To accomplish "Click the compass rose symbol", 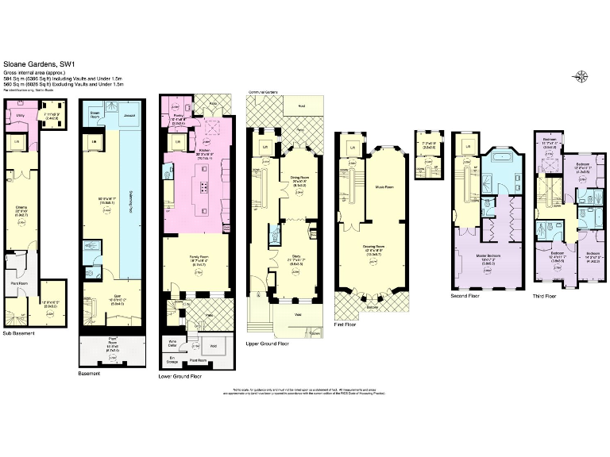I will coord(581,76).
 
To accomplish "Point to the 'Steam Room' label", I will coord(95,113).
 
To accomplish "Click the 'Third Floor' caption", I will coord(546,298).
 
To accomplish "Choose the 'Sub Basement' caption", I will coord(19,334).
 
